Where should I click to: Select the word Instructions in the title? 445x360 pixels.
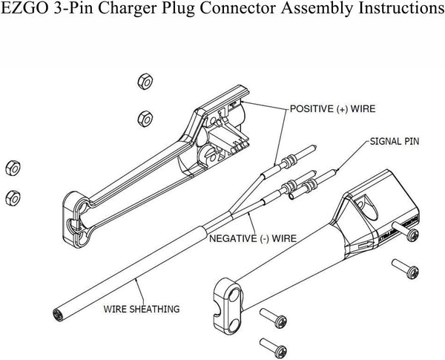(x=396, y=10)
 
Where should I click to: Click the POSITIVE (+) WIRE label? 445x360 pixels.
(x=331, y=108)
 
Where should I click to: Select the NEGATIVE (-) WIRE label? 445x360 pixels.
(x=252, y=238)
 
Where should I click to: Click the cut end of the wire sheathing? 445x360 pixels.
(x=57, y=315)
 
